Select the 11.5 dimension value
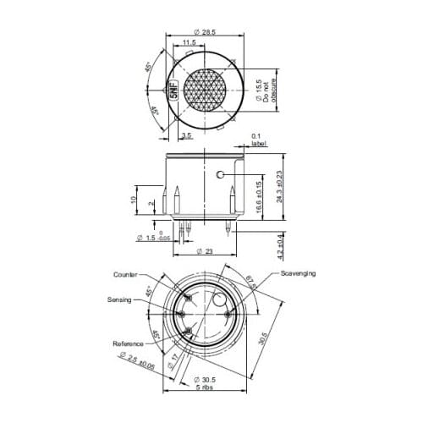pyautogui.click(x=190, y=42)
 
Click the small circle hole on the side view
pyautogui.click(x=220, y=175)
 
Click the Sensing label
pyautogui.click(x=119, y=299)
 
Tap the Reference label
pyautogui.click(x=127, y=343)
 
